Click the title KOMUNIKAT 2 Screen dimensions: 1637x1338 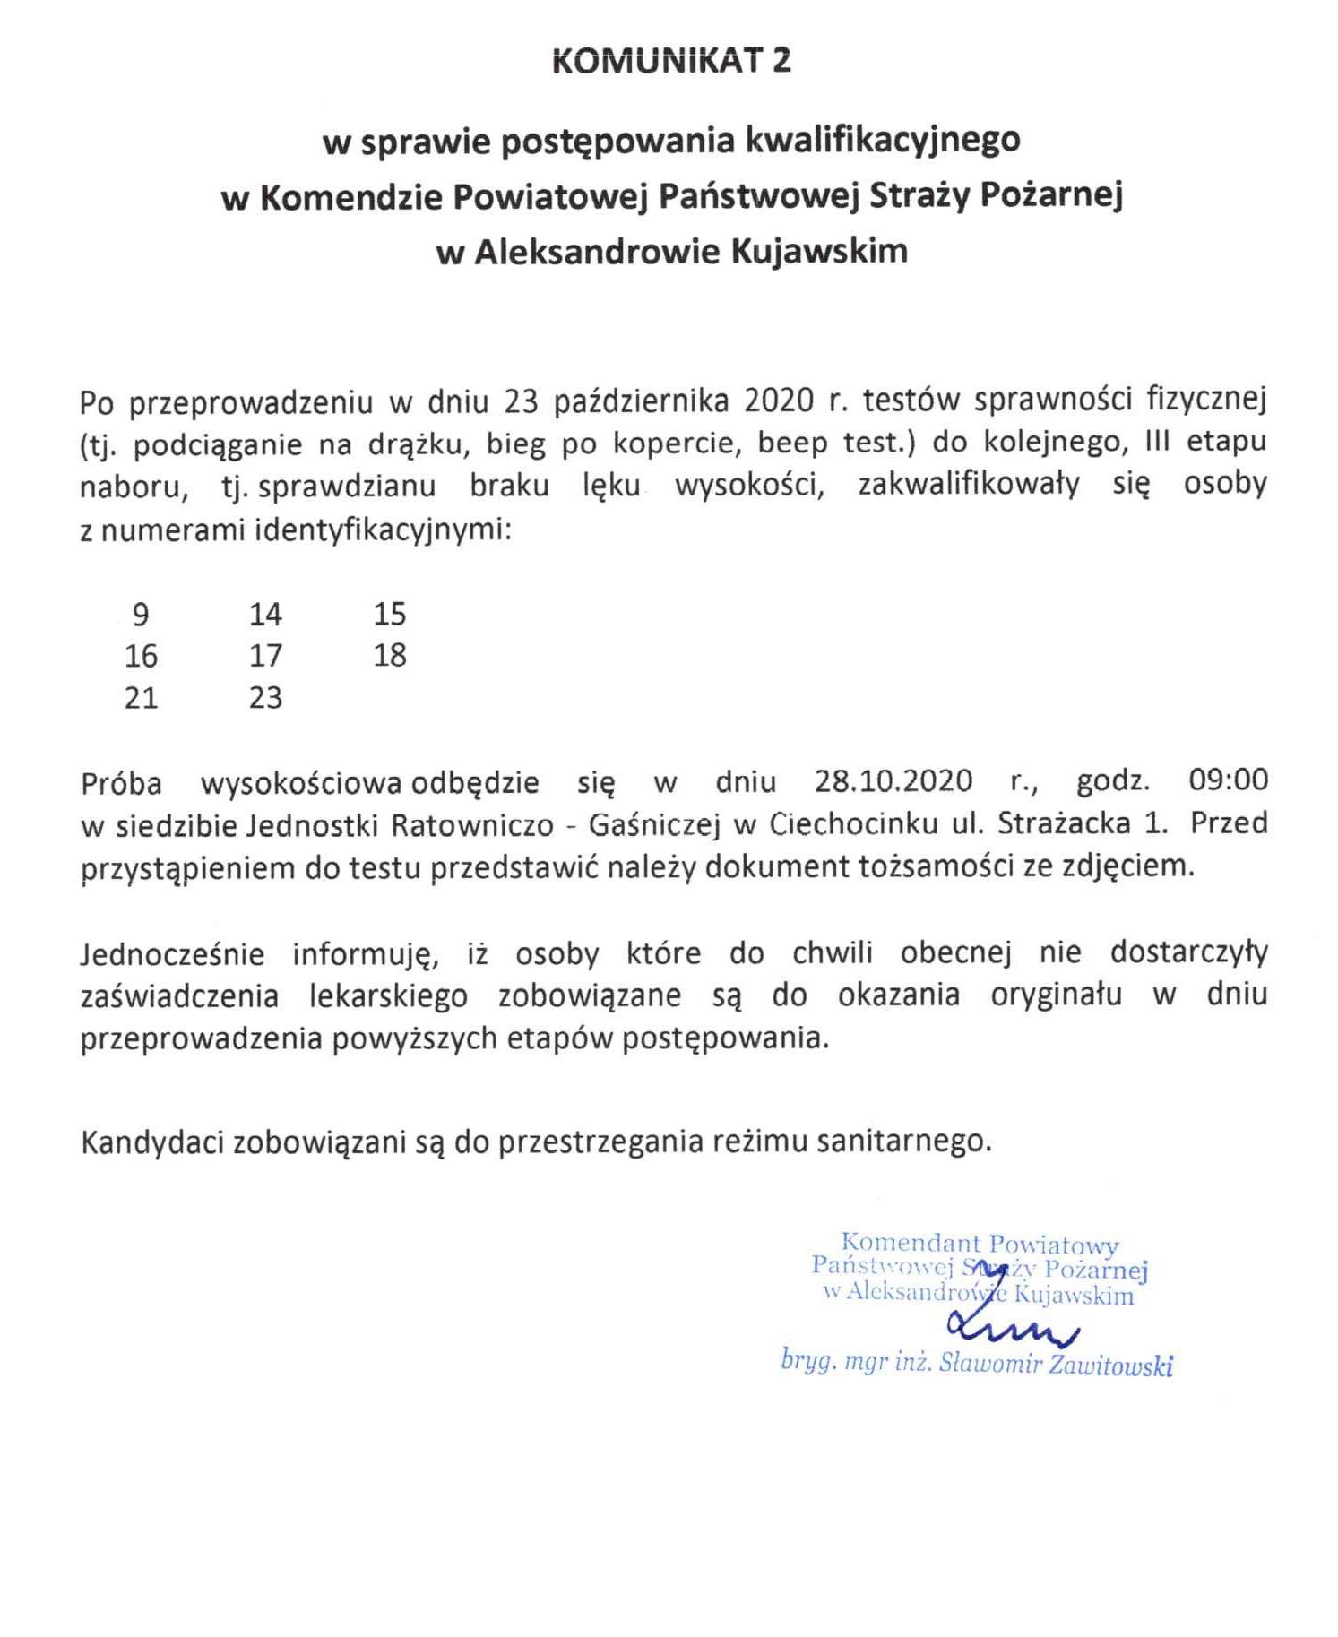click(671, 60)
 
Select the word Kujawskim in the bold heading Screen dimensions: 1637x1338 click(819, 251)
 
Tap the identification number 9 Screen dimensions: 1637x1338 click(141, 615)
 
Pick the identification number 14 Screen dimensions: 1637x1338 click(265, 615)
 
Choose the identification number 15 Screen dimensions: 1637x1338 click(390, 615)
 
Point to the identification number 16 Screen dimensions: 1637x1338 click(141, 656)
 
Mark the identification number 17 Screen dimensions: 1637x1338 click(265, 656)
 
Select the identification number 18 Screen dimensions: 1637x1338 click(390, 656)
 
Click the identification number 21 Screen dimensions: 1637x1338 click(141, 698)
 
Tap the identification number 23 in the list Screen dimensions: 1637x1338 click(265, 698)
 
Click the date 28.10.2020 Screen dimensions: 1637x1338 click(893, 781)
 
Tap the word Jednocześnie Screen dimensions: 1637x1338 click(172, 954)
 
